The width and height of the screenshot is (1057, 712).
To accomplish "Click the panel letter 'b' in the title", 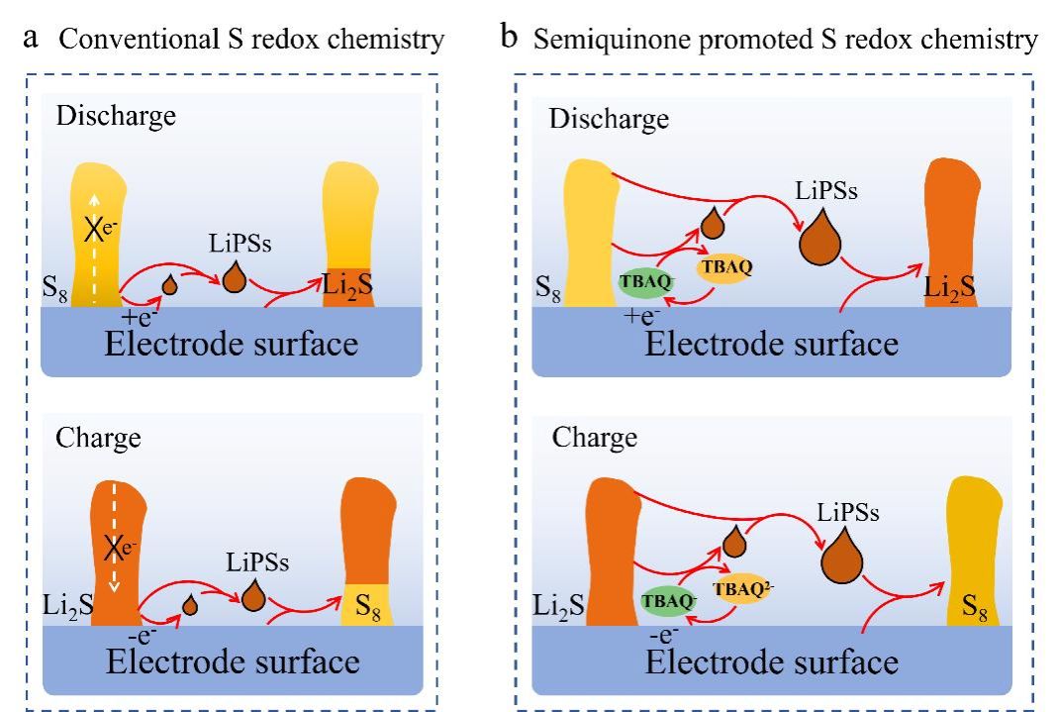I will [511, 40].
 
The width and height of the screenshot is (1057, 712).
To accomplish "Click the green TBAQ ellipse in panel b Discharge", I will [645, 282].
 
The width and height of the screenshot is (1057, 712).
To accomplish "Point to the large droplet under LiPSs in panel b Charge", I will [844, 560].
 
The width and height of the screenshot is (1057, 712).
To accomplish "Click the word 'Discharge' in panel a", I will [115, 116].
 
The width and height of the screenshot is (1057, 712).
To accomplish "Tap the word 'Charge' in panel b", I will [594, 439].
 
